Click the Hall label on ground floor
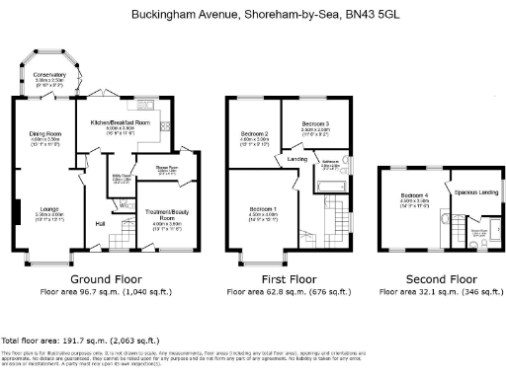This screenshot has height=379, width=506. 100,226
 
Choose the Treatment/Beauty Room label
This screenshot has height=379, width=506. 166,214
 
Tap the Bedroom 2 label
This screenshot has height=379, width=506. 255,133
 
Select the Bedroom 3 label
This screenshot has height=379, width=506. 315,123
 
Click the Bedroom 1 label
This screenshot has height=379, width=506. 263,209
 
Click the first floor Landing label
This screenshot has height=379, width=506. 296,158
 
